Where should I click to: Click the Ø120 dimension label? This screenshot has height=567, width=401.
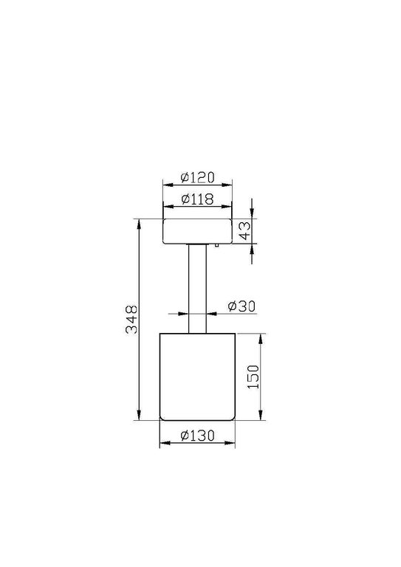[197, 177]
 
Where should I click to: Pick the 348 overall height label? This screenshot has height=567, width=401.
[131, 319]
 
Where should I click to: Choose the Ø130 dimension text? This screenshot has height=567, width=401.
[197, 436]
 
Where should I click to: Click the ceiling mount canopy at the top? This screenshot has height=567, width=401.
[197, 230]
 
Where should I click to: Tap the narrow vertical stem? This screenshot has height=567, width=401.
[197, 288]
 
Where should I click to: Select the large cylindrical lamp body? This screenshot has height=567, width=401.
[197, 377]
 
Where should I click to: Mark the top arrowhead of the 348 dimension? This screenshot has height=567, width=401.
[140, 221]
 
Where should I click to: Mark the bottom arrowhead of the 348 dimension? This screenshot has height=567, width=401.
[140, 416]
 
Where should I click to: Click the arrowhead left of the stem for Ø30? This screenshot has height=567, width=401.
[185, 313]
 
